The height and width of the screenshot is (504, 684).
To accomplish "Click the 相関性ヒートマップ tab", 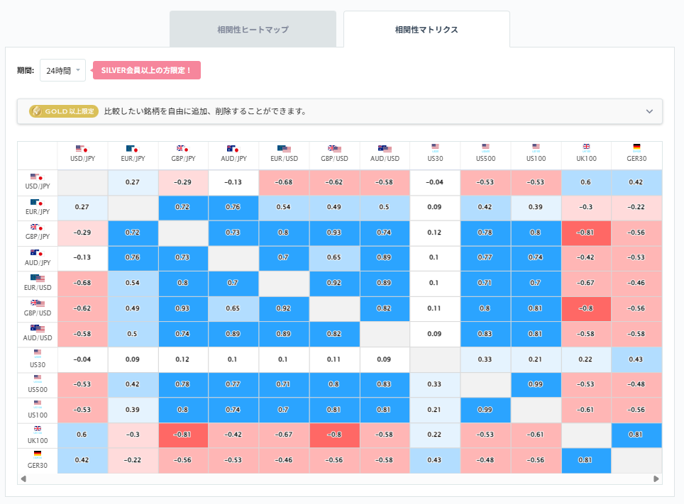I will tap(253, 30).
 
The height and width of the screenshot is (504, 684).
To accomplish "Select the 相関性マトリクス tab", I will tap(426, 30).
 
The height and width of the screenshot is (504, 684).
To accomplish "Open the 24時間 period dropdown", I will tap(62, 71).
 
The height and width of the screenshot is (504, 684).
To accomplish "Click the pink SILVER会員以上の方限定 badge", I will tap(147, 71).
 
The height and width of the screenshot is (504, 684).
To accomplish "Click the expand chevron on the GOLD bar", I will tap(649, 111).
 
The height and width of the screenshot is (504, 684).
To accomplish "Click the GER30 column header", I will tap(636, 154).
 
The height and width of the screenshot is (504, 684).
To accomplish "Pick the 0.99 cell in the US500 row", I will tap(536, 385).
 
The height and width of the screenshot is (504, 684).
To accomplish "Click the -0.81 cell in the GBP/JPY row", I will tap(586, 233).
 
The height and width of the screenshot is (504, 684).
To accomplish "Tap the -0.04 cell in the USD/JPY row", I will tap(435, 182).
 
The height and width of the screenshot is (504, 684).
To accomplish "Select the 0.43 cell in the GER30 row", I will tap(435, 460).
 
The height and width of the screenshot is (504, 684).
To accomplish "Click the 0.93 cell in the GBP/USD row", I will tap(182, 309).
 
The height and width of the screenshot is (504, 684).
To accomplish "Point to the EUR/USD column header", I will tap(283, 154).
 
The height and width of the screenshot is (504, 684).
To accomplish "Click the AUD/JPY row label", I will tap(38, 258).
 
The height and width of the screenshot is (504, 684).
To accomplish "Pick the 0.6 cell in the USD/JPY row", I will tap(586, 182).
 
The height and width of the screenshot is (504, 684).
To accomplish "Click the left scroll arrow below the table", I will tap(23, 479).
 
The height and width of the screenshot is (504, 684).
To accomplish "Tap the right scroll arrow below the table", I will tap(657, 479).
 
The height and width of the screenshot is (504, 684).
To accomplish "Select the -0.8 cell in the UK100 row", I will tap(334, 435).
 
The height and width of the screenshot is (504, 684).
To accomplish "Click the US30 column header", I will tap(435, 154).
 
